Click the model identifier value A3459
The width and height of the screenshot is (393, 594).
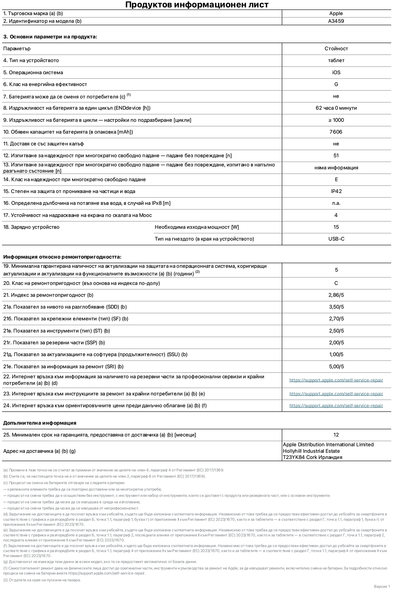click(336, 21)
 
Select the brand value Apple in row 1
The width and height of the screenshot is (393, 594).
click(336, 14)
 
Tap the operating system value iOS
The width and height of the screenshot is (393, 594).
click(336, 73)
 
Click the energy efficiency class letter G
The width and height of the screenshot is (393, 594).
click(336, 85)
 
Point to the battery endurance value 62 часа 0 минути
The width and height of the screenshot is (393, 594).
click(336, 108)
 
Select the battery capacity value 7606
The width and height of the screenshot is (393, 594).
click(336, 132)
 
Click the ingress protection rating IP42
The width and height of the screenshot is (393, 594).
click(336, 191)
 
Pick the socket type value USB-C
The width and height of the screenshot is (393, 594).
click(336, 239)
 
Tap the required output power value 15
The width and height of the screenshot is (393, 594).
click(336, 227)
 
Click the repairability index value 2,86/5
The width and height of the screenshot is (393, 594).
click(336, 295)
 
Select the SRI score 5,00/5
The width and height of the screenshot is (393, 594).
click(336, 367)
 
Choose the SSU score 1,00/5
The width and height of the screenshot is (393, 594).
click(336, 355)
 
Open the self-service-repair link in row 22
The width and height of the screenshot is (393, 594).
click(336, 380)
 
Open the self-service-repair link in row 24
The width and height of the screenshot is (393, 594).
click(336, 406)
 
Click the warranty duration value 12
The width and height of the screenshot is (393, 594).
click(336, 435)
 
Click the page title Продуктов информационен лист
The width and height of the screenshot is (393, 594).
click(197, 5)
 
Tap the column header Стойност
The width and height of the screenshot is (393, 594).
click(336, 49)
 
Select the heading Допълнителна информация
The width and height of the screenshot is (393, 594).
click(40, 423)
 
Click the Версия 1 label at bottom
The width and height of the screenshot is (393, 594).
click(382, 587)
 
